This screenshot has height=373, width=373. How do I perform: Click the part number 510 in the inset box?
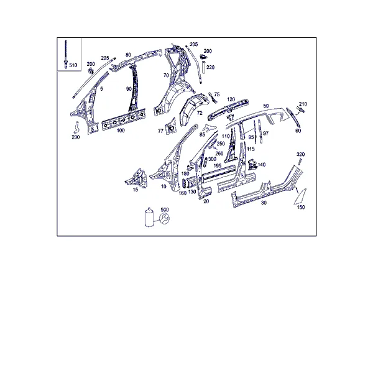73,65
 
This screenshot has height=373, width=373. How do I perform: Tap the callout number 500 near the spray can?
165,210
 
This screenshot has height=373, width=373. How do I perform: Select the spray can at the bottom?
149,217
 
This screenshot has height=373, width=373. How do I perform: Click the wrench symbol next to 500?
164,218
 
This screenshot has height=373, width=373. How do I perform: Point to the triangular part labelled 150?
301,196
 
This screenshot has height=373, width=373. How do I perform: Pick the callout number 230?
76,137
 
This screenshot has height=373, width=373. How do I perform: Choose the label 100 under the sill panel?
121,131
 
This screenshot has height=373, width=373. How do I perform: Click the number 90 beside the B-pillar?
129,89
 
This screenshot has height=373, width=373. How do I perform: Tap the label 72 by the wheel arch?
200,113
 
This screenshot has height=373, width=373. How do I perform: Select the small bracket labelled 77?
171,127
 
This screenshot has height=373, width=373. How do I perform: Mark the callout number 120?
231,99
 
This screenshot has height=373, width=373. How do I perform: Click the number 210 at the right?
303,104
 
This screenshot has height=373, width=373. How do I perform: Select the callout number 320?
300,154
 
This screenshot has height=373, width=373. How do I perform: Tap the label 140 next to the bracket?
262,165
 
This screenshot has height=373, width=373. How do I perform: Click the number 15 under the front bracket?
135,190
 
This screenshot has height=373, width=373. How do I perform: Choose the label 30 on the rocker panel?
264,203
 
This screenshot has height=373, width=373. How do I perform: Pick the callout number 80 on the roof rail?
128,55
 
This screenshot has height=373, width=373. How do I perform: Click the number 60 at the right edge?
298,131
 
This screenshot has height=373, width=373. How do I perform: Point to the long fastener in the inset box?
65,55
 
